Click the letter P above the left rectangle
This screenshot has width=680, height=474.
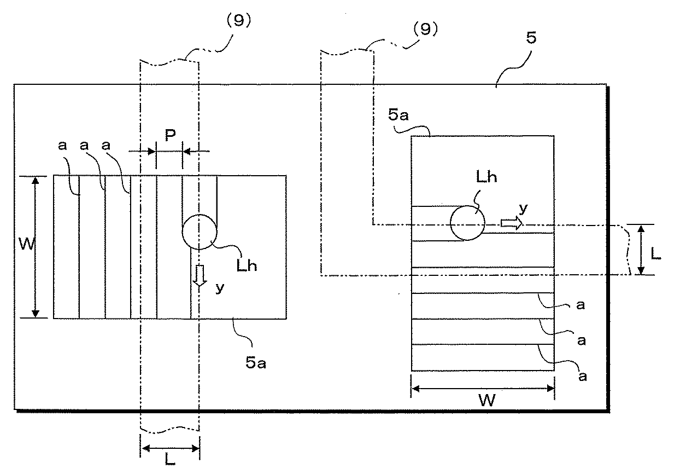click(x=170, y=136)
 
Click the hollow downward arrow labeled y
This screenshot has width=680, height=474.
click(x=200, y=275)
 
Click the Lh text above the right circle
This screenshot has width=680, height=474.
click(x=486, y=177)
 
